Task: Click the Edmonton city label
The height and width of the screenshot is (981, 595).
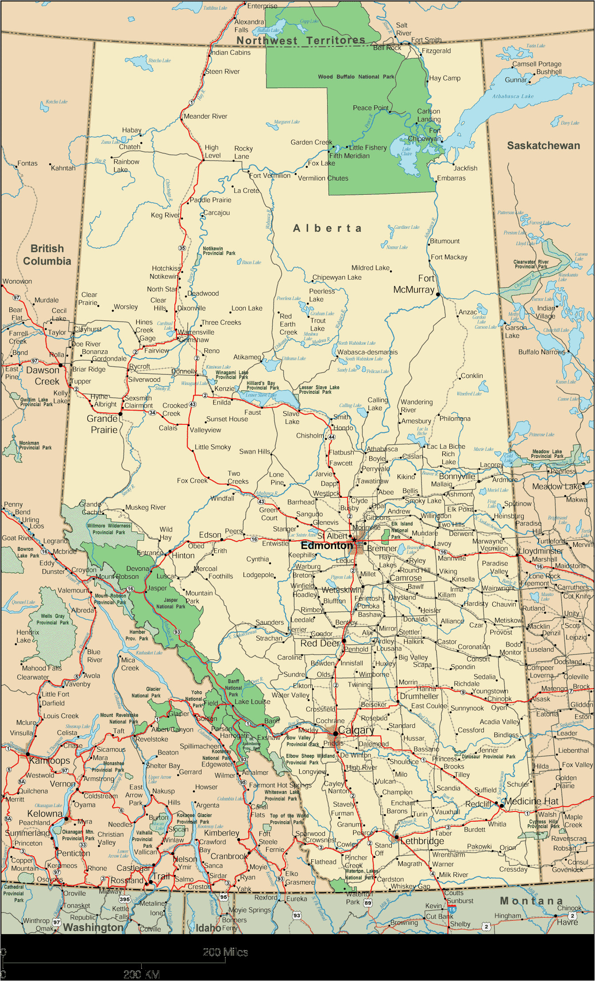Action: click(327, 546)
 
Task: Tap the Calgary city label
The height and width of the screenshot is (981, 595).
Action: click(356, 731)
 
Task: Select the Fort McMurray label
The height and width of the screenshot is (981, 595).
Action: click(414, 284)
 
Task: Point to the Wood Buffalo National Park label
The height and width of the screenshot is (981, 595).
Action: click(356, 77)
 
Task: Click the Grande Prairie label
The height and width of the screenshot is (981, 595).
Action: click(102, 424)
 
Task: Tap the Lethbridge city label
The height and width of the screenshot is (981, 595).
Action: click(422, 841)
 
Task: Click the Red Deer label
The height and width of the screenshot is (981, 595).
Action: click(320, 643)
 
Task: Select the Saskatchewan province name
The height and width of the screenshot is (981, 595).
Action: click(543, 146)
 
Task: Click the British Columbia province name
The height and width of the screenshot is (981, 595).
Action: click(47, 255)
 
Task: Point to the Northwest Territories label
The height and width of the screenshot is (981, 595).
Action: click(301, 41)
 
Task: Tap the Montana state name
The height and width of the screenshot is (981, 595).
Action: click(531, 901)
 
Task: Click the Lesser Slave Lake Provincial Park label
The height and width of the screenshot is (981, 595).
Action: click(319, 389)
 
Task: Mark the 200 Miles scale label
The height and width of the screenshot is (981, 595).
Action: click(225, 952)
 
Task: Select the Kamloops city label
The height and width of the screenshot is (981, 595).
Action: click(50, 761)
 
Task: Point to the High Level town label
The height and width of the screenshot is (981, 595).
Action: click(212, 151)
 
